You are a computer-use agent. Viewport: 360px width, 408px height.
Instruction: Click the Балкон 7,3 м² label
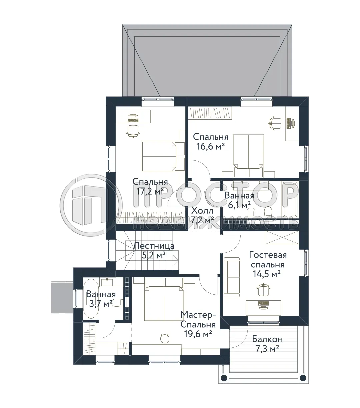(x=267, y=344)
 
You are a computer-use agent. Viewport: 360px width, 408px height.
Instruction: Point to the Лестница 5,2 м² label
(x=154, y=251)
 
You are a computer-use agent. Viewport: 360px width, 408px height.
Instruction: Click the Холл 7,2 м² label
(x=202, y=215)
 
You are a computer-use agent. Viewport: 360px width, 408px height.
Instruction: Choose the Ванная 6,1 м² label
(x=239, y=200)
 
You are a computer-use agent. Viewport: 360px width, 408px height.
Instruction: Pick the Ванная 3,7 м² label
(x=101, y=299)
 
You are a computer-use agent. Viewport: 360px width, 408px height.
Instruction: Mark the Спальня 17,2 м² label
(x=150, y=186)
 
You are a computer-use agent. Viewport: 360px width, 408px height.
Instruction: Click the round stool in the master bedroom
(x=165, y=339)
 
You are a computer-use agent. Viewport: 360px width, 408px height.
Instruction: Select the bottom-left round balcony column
(x=224, y=378)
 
